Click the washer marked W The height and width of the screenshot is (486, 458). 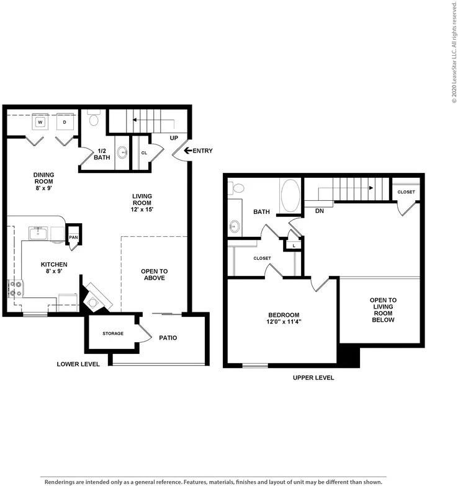point(40,122)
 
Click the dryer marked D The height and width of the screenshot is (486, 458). point(65,122)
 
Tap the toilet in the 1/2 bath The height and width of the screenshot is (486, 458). point(93,118)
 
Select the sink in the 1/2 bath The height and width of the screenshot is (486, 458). point(122,152)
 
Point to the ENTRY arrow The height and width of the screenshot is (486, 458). point(188,151)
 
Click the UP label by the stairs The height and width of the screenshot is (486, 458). point(174,138)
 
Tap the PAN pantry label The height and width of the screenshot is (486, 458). point(73,237)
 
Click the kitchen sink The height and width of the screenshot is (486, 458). point(38,233)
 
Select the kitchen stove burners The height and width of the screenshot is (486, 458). point(15,288)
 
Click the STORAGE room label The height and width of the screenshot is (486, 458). point(113,334)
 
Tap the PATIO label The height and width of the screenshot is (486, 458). point(168,338)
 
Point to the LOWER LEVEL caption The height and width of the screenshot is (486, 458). point(78,365)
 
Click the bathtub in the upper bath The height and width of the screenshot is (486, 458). point(290,196)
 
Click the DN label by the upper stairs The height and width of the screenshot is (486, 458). point(320,211)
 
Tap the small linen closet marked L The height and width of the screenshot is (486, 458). point(294,246)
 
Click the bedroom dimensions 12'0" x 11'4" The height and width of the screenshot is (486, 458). point(284,322)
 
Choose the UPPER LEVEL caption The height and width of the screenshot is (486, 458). point(313,378)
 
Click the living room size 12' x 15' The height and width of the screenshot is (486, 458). point(142,210)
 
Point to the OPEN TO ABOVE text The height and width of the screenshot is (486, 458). point(154,275)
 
